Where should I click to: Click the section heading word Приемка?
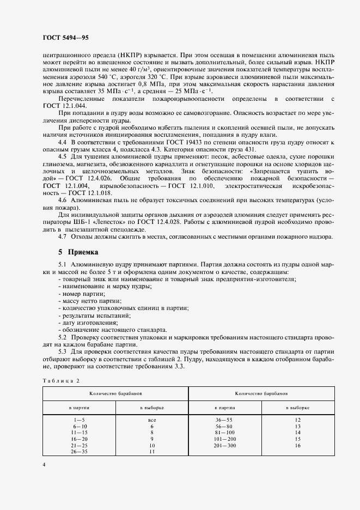tap(83, 252)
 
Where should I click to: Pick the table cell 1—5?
tap(79, 420)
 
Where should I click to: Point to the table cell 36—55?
tap(224, 420)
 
